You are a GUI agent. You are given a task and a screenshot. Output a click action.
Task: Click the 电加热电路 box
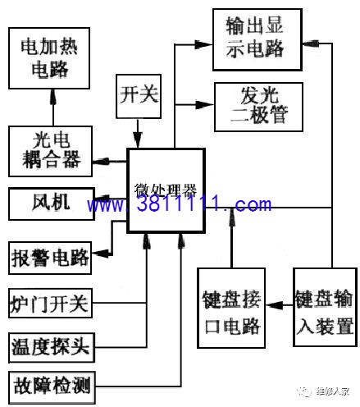pyautogui.click(x=49, y=58)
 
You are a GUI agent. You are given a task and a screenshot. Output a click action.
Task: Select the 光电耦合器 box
pyautogui.click(x=50, y=151)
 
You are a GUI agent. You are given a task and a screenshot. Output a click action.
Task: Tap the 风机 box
pyautogui.click(x=52, y=203)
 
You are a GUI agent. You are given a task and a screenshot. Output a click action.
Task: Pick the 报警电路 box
pyautogui.click(x=50, y=258)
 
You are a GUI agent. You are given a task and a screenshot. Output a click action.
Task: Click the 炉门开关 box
pyautogui.click(x=50, y=303)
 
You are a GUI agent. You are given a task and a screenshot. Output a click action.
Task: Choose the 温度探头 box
pyautogui.click(x=52, y=348)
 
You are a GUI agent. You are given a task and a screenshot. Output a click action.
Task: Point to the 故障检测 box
pyautogui.click(x=52, y=387)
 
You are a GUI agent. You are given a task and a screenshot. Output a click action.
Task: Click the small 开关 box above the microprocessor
pyautogui.click(x=139, y=96)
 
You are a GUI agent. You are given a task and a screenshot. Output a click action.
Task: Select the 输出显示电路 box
pyautogui.click(x=257, y=39)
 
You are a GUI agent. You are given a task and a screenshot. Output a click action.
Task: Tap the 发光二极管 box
pyautogui.click(x=259, y=107)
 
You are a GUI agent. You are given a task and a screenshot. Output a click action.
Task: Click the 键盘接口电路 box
pyautogui.click(x=231, y=308)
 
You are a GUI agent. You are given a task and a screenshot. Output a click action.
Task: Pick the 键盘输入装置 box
pyautogui.click(x=326, y=308)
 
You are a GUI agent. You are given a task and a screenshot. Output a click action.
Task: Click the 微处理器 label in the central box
pyautogui.click(x=166, y=190)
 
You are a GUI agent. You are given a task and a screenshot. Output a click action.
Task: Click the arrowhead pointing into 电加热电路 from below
pyautogui.click(x=53, y=97)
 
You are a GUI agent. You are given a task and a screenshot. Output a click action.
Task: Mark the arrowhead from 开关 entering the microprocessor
pyautogui.click(x=138, y=140)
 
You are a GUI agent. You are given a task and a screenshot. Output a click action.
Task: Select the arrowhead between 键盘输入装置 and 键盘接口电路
pyautogui.click(x=275, y=304)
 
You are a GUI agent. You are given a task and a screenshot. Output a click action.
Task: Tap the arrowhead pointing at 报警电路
pyautogui.click(x=100, y=254)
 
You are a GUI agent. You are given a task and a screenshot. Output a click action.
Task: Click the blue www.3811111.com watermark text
pyautogui.click(x=180, y=204)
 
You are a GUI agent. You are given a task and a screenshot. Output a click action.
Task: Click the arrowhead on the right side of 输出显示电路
pyautogui.click(x=311, y=43)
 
